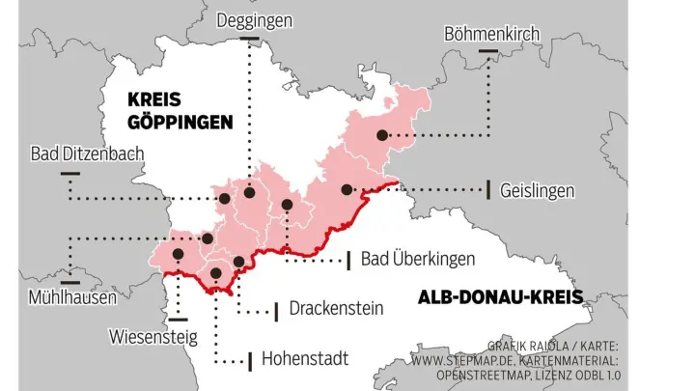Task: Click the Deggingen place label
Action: point(254,20)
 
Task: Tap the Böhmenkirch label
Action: point(491,34)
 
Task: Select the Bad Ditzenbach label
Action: point(87,154)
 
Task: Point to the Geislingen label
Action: point(537,190)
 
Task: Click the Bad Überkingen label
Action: point(418,259)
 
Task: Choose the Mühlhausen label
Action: point(72,297)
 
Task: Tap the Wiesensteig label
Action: point(153,337)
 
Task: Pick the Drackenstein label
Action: point(336,309)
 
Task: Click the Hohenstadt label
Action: point(305,359)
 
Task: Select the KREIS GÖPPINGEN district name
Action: point(180,111)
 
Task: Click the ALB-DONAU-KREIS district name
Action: point(500,297)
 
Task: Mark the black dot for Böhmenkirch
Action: point(382,135)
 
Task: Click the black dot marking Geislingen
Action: point(347,189)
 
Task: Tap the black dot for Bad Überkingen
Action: point(287,205)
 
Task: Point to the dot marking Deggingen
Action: point(249,192)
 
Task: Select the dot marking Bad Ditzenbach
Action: point(224,198)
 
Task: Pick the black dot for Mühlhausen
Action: point(208,237)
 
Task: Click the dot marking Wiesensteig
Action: point(178,255)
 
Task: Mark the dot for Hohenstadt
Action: point(215,273)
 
